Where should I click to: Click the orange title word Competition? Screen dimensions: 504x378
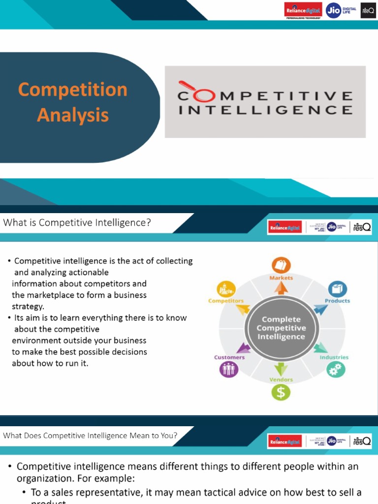pos(73,90)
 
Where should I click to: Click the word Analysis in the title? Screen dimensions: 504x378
pos(73,115)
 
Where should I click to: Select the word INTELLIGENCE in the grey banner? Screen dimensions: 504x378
pos(265,109)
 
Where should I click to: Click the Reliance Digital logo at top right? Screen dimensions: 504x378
pos(303,10)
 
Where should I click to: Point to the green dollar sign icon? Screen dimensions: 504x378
pos(281,392)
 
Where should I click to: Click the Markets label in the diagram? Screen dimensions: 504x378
pos(281,278)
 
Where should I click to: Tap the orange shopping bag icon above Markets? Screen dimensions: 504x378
pos(281,265)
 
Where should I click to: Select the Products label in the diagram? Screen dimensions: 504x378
pos(337,301)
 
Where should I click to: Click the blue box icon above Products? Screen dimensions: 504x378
pos(337,289)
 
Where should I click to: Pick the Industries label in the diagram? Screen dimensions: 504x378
pos(334,357)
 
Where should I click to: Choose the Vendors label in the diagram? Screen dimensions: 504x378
pos(281,379)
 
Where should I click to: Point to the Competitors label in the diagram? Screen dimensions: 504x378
pos(226,301)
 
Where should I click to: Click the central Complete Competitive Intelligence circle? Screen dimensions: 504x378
pos(281,328)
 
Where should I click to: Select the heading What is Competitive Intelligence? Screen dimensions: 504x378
pos(77,223)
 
